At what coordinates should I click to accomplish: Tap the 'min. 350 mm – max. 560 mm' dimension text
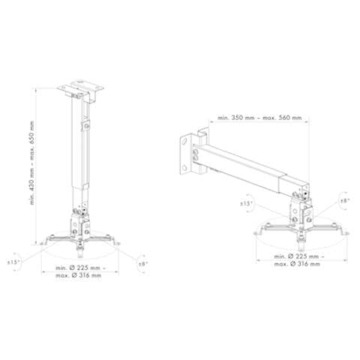tap(259, 118)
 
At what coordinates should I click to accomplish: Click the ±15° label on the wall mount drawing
tap(246, 203)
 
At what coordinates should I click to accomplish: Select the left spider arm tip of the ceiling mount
tap(42, 241)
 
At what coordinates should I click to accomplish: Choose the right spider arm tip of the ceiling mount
tap(117, 241)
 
